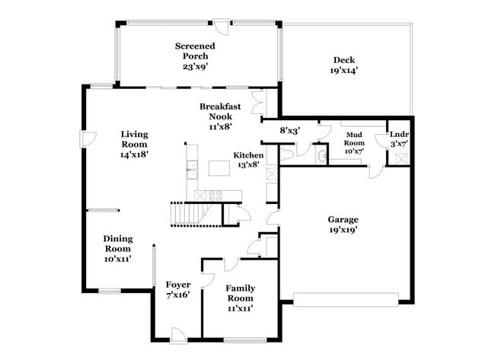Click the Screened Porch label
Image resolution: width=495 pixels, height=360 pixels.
195,51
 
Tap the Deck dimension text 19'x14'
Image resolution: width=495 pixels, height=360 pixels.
343,71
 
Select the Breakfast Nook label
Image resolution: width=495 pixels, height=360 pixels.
221,112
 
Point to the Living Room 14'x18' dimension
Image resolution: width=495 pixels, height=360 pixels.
134,153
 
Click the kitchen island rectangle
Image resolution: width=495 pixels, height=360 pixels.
221,167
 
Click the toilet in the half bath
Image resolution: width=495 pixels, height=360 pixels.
286,155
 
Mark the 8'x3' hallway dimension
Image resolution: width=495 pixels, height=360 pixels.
290,130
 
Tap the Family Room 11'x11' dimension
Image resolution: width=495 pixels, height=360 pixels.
240,308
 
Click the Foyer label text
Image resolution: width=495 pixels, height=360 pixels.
177,285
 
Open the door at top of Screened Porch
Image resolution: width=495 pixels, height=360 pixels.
222,25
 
